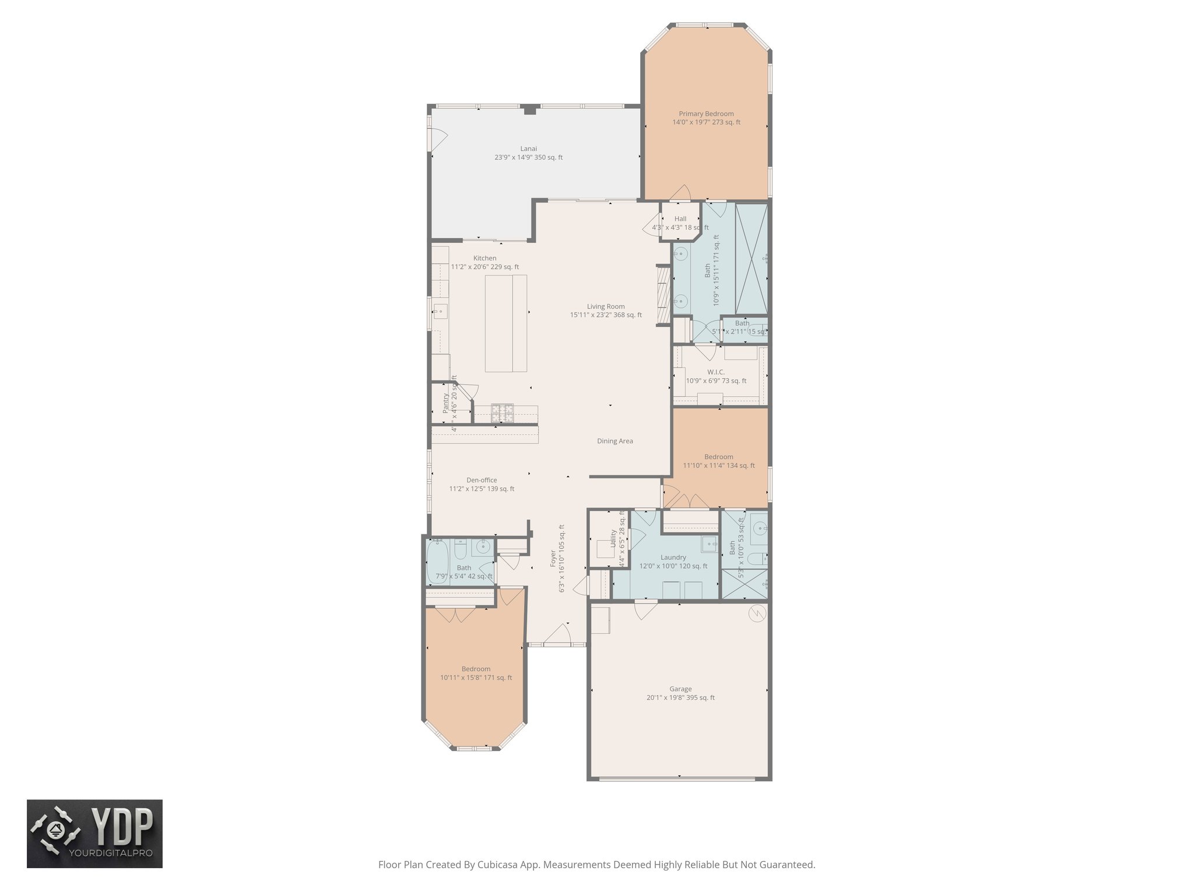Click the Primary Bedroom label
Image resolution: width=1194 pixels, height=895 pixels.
pos(706,114)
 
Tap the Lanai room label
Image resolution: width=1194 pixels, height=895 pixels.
pos(528,149)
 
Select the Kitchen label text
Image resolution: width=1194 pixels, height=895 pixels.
pos(484,258)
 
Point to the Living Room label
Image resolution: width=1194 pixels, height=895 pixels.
pos(606,306)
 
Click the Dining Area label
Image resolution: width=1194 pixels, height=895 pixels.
pos(614,441)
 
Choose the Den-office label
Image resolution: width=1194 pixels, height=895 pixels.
pos(482,480)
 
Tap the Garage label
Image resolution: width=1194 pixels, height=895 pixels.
pos(680,689)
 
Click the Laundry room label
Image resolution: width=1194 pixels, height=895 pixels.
pos(673,558)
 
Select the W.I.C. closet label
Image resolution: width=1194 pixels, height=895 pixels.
pos(716,372)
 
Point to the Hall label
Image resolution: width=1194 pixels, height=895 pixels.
pos(680,219)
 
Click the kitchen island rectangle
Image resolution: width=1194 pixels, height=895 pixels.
pos(506,323)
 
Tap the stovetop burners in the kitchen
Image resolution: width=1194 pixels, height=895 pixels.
pos(503,413)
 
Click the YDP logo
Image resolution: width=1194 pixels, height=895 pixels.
pos(94,834)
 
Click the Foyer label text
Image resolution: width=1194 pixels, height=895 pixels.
pos(553,558)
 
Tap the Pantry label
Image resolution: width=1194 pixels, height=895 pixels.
pos(445,403)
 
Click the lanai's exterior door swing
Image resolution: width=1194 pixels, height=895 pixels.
pos(437,138)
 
